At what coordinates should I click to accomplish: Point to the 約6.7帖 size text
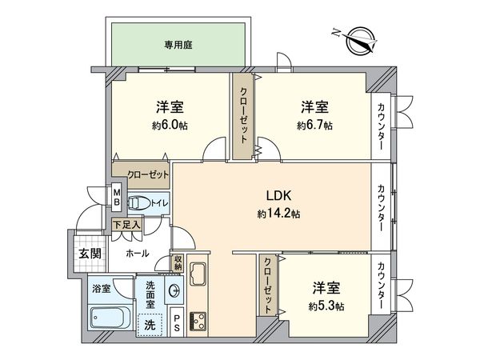pos(314,125)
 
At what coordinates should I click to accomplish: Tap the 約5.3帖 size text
pos(326,306)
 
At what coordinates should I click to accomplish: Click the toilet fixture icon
pos(137,203)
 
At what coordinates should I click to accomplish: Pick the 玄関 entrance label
pos(89,254)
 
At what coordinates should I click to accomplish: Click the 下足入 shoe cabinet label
pos(126,225)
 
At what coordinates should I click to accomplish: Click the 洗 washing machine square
pos(149,326)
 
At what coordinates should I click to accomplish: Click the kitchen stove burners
pos(198,322)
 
